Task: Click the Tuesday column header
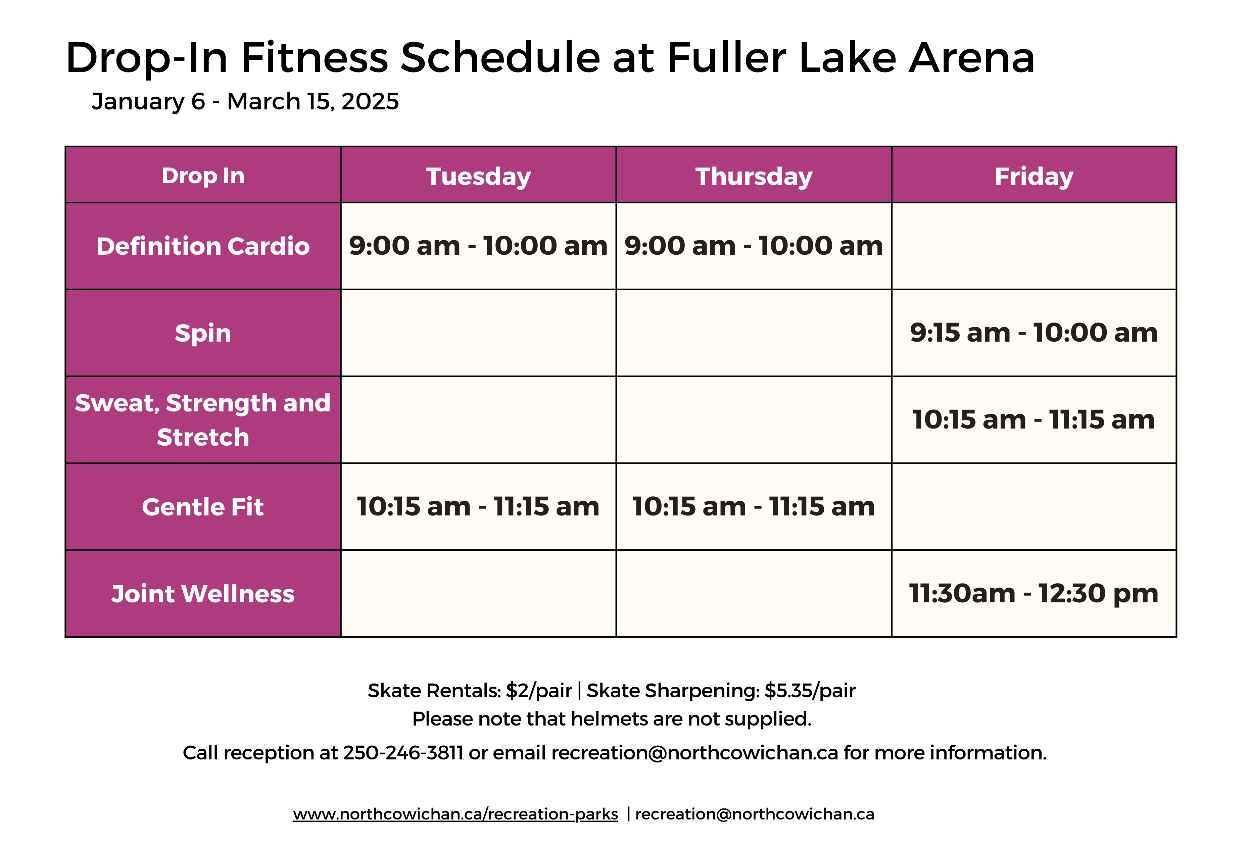(x=478, y=177)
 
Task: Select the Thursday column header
(x=754, y=177)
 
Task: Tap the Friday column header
(x=1034, y=177)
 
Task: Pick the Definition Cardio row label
(x=203, y=246)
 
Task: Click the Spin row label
(x=203, y=333)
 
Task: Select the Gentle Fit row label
(x=203, y=507)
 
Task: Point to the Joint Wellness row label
(x=203, y=594)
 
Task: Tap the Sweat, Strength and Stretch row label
(x=203, y=420)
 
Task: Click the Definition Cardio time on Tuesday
(x=478, y=246)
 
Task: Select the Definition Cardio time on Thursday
(x=754, y=246)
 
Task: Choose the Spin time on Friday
(x=1034, y=333)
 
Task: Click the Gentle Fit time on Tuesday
(x=478, y=507)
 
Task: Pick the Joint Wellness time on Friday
(x=1034, y=594)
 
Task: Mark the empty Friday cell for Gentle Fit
(x=1034, y=507)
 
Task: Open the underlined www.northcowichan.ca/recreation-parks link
(x=455, y=814)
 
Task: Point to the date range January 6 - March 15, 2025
(x=245, y=101)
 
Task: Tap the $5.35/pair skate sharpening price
(x=810, y=691)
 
